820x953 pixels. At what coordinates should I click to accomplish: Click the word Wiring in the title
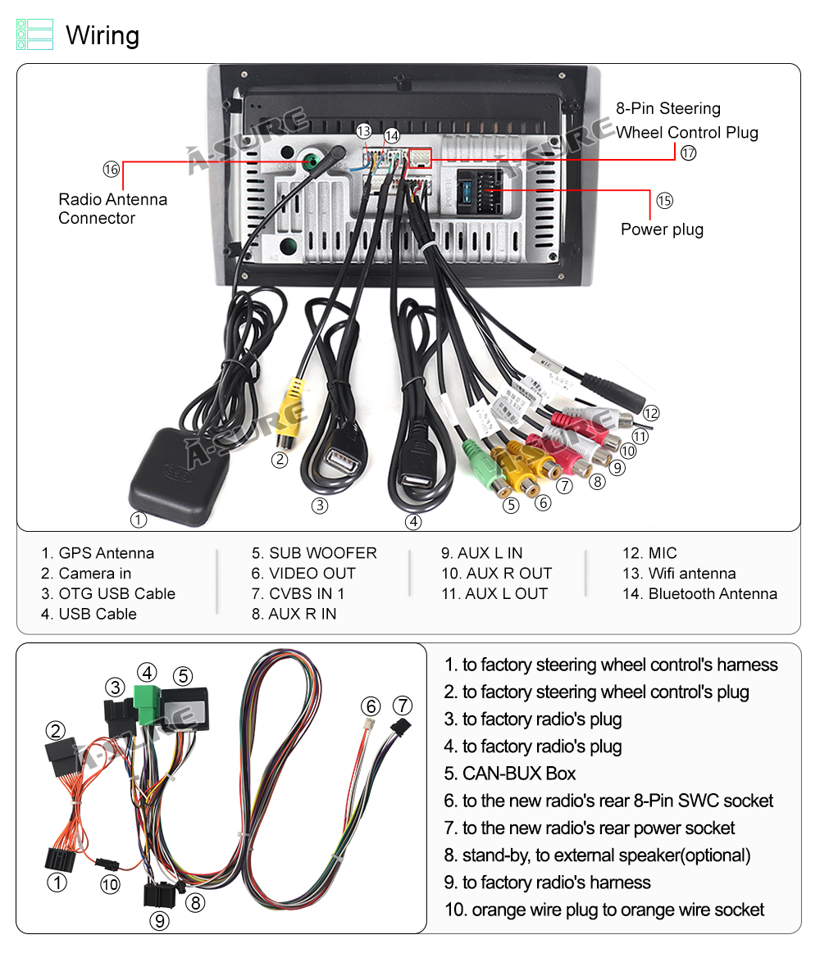point(102,35)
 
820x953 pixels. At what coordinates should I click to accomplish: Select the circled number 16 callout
point(111,169)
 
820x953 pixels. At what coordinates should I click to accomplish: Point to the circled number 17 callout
point(688,152)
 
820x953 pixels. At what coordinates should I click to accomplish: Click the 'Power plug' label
point(662,229)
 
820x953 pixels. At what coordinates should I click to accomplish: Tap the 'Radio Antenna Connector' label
point(112,209)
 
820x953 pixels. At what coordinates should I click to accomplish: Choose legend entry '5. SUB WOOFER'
point(314,553)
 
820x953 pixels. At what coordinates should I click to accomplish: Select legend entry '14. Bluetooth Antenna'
point(699,594)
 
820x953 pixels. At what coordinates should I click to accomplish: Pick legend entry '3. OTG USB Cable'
point(108,594)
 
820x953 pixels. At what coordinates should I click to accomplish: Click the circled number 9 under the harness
point(160,920)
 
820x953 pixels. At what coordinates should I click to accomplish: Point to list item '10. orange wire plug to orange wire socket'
point(604,910)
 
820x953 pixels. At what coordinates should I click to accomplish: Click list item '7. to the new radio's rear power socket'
point(590,828)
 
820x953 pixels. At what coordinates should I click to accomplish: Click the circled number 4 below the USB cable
point(414,521)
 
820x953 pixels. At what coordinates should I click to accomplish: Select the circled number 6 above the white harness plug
point(371,706)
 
